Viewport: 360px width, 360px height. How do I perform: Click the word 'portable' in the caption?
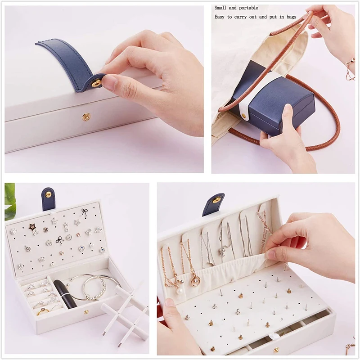coord(248,8)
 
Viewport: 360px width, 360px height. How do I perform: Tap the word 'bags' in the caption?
coord(291,17)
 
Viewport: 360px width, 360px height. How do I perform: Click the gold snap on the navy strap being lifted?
coord(96,83)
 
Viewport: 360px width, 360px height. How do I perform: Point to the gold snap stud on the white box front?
coord(86,117)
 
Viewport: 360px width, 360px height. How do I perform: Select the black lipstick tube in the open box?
coord(65,294)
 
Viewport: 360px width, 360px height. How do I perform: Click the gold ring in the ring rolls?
coord(43,312)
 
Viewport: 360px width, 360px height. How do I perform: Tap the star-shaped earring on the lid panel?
coord(32,227)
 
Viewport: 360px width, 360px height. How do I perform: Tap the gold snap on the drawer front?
coord(276,350)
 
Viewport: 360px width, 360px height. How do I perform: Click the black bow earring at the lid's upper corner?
coord(85,211)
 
